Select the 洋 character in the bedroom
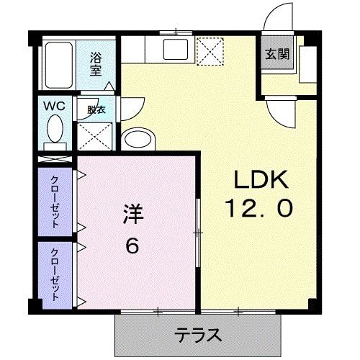click(132, 215)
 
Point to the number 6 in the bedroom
click(132, 245)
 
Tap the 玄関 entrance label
click(274, 54)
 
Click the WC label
click(56, 106)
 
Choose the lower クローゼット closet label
click(55, 274)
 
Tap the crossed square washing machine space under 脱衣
click(94, 135)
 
